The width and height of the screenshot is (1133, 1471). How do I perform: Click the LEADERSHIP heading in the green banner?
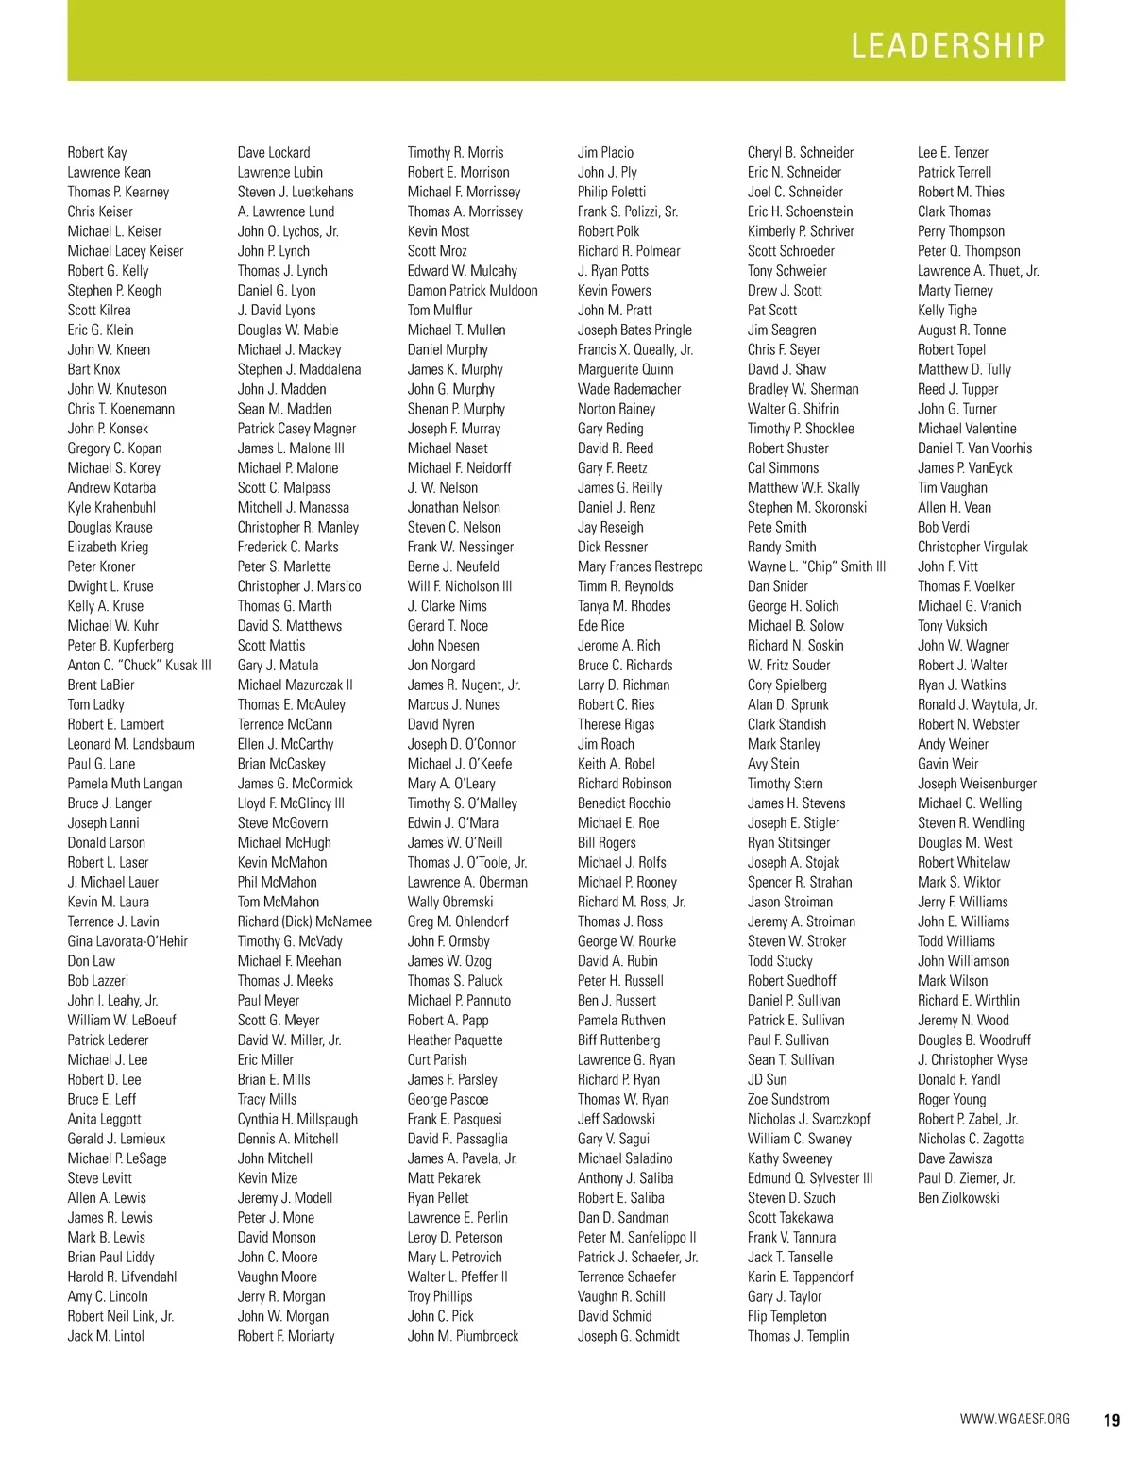tap(948, 45)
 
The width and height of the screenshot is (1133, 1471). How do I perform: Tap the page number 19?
tap(1110, 1420)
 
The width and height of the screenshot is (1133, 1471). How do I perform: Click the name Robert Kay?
tap(97, 152)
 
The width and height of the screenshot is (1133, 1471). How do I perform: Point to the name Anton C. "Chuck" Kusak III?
tap(139, 666)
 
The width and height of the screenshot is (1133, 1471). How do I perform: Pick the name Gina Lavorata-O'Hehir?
tap(127, 941)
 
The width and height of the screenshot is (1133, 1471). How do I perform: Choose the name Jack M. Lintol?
tap(106, 1336)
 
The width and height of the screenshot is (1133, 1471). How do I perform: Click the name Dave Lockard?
tap(274, 152)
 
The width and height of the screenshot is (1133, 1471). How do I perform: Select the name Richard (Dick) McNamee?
tap(305, 921)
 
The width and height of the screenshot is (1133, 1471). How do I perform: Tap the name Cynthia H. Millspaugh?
tap(297, 1119)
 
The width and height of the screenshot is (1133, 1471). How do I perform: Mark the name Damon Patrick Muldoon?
tap(473, 291)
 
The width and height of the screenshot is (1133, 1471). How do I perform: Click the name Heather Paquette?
tap(455, 1040)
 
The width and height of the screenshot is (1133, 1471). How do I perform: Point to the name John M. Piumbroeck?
tap(463, 1336)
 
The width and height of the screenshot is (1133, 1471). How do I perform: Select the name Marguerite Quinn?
tap(626, 369)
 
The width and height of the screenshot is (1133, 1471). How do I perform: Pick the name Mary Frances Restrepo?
tap(640, 566)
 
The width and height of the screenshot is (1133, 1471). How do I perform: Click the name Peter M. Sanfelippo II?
tap(637, 1237)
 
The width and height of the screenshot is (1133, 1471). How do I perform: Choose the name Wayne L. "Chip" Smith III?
tap(817, 566)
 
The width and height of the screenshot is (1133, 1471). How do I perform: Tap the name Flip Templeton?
tap(786, 1316)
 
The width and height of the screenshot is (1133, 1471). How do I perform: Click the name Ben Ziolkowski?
tap(958, 1198)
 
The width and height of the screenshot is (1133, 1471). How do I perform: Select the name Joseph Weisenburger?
tap(977, 784)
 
